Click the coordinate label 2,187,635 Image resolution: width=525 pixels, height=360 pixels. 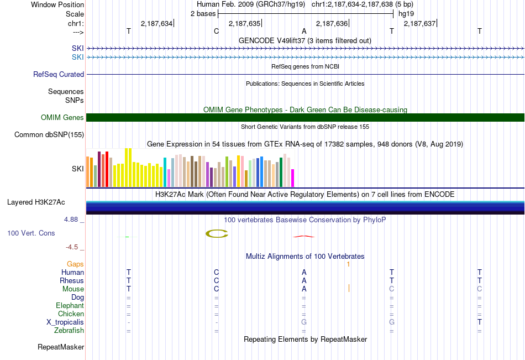pyautogui.click(x=244, y=23)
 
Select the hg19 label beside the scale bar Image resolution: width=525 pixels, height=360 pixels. pyautogui.click(x=406, y=14)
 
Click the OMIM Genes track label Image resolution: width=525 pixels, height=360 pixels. pyautogui.click(x=62, y=117)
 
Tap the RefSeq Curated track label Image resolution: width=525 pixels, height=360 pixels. pyautogui.click(x=59, y=75)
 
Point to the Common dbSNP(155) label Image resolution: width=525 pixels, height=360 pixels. pyautogui.click(x=49, y=135)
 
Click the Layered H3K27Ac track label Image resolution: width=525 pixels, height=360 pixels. pyautogui.click(x=36, y=202)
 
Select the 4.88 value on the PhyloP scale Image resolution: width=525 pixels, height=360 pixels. pyautogui.click(x=71, y=220)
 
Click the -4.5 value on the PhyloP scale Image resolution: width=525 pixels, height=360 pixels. pyautogui.click(x=72, y=247)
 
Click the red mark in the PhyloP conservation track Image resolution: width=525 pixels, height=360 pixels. pyautogui.click(x=304, y=236)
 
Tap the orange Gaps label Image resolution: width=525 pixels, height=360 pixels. pyautogui.click(x=75, y=264)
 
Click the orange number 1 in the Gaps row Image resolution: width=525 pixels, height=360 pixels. pyautogui.click(x=348, y=264)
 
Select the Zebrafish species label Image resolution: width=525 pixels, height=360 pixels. pyautogui.click(x=69, y=331)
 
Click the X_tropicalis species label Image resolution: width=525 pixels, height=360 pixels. pyautogui.click(x=65, y=322)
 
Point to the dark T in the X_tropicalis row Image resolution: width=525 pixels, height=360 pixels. pyautogui.click(x=480, y=322)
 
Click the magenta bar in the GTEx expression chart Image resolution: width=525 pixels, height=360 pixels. pyautogui.click(x=293, y=178)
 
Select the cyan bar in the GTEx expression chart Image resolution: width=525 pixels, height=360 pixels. pyautogui.click(x=165, y=172)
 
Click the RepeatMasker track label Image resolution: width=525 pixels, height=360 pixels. pyautogui.click(x=61, y=347)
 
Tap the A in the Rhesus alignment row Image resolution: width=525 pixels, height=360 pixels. pyautogui.click(x=304, y=280)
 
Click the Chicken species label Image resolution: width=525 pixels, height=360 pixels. pyautogui.click(x=71, y=314)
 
